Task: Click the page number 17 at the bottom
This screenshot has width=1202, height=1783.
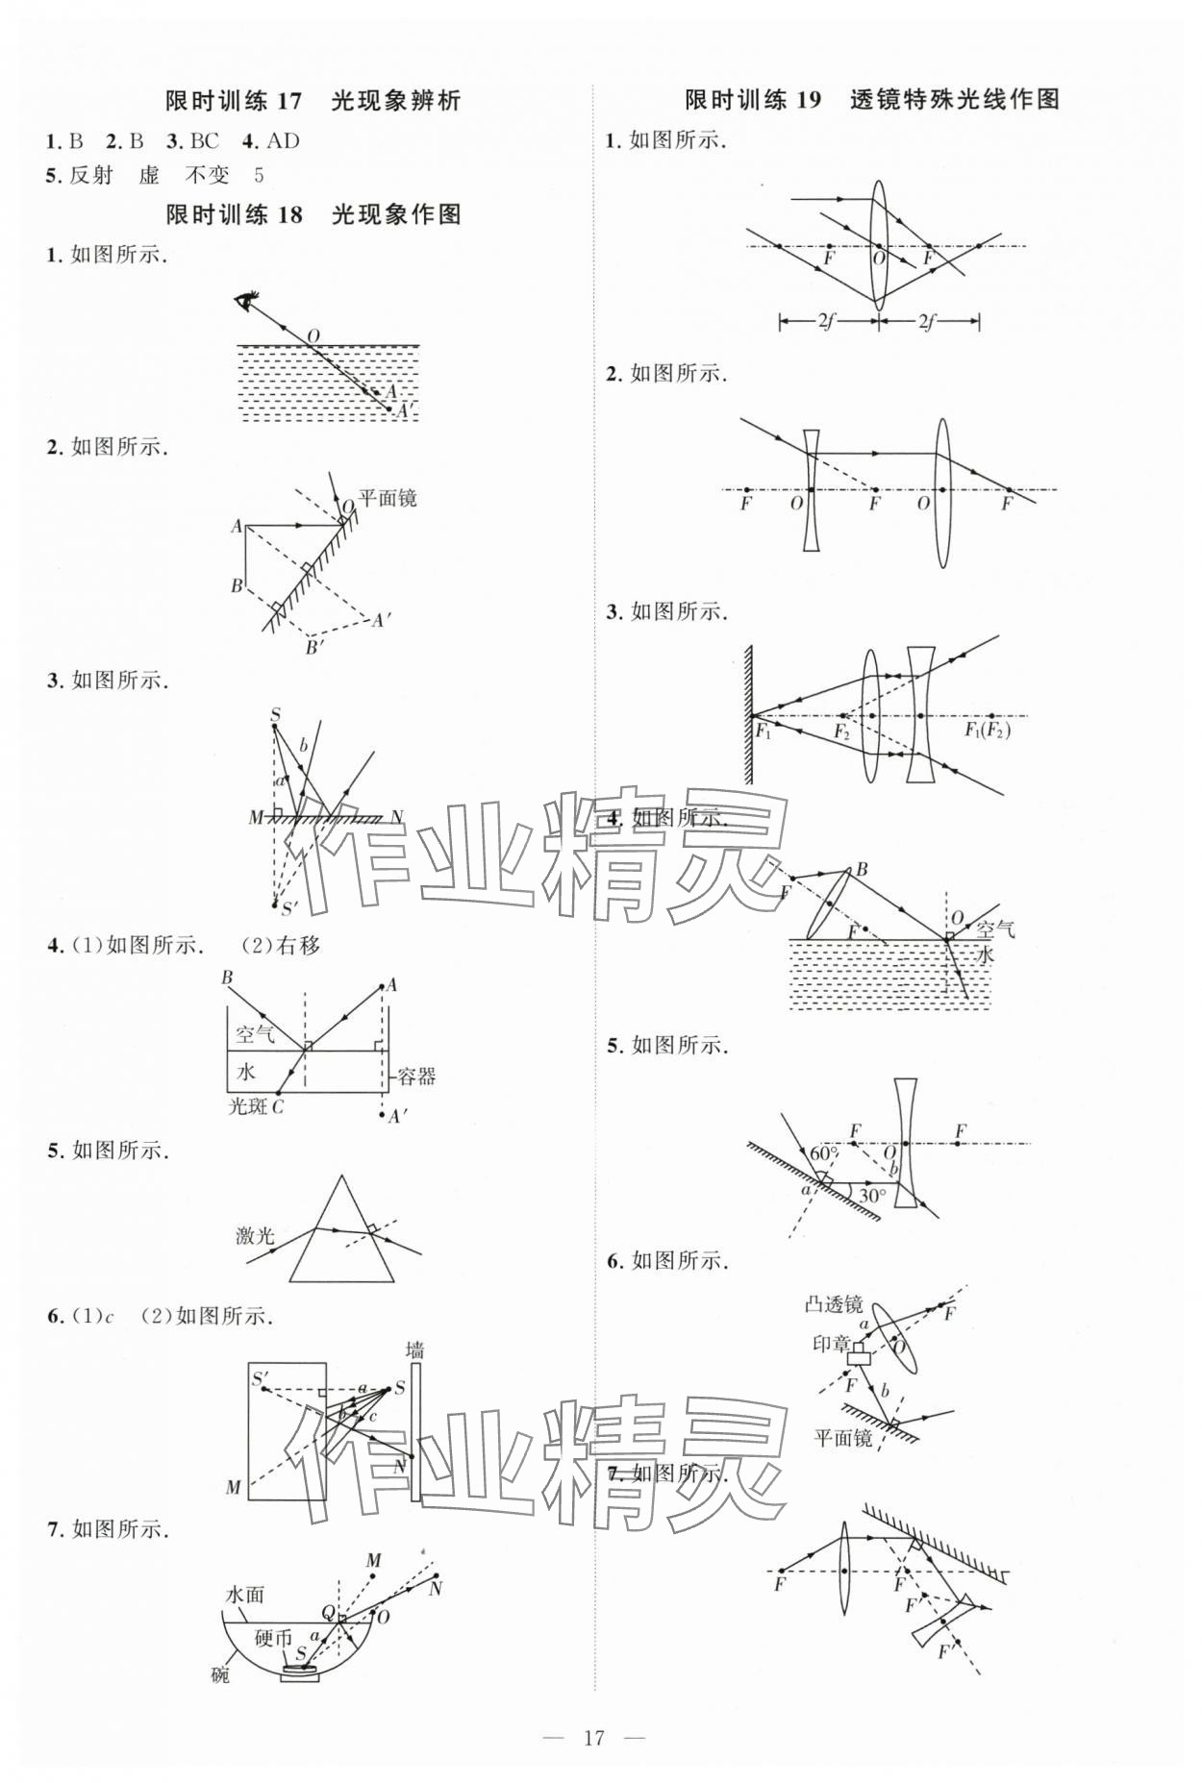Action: click(x=593, y=1737)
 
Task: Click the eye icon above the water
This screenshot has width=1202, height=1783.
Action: click(x=246, y=301)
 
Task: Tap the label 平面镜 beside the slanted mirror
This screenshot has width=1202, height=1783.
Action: click(x=388, y=498)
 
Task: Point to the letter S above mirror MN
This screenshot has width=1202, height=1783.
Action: click(x=275, y=715)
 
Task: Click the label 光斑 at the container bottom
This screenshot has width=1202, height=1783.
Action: click(x=247, y=1106)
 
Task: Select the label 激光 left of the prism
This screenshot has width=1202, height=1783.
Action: click(x=255, y=1235)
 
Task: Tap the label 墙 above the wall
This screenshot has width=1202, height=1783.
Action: click(x=414, y=1349)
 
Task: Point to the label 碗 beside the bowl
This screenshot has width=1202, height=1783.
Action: click(x=221, y=1675)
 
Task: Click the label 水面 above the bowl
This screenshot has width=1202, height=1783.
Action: click(x=244, y=1595)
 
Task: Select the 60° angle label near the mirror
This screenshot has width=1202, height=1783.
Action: click(x=824, y=1153)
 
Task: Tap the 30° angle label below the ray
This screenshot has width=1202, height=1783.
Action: click(x=872, y=1197)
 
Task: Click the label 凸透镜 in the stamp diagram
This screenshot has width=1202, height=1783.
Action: click(x=834, y=1304)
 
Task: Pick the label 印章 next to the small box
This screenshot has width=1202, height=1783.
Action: click(x=832, y=1344)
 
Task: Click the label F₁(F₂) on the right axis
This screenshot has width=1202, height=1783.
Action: click(x=988, y=730)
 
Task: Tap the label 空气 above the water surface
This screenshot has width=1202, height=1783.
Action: click(x=994, y=929)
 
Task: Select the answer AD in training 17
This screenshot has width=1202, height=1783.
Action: click(x=283, y=141)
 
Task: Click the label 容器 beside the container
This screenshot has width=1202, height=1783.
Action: click(x=416, y=1076)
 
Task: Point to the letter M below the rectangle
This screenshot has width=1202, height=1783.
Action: click(x=234, y=1488)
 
